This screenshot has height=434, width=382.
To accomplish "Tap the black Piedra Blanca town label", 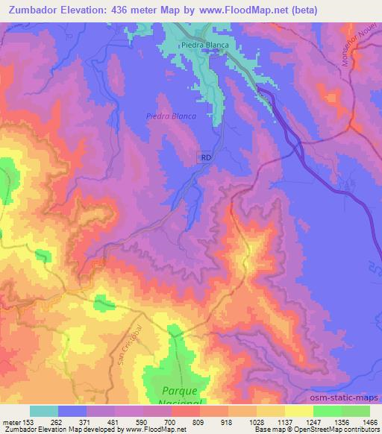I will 204,45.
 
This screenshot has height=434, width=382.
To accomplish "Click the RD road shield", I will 206,157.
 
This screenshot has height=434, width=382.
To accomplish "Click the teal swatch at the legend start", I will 43,411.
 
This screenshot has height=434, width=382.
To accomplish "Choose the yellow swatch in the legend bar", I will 298,411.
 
